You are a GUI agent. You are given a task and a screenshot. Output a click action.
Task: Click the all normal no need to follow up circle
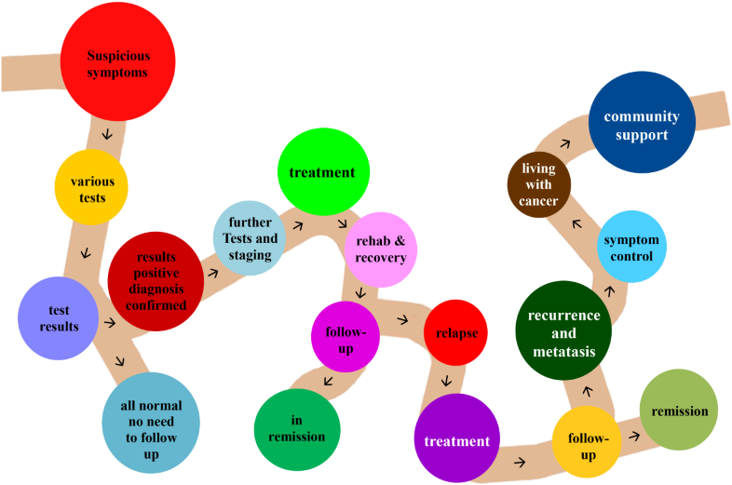pos(151,424)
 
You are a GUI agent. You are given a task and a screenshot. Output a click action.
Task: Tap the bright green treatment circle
pos(323,172)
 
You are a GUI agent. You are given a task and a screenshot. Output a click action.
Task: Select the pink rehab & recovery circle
pos(381,248)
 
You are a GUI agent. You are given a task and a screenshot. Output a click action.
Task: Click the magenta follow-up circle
pos(346,336)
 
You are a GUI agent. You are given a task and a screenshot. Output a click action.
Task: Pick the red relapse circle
pos(456,332)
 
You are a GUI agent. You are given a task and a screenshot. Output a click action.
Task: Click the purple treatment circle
pos(456,438)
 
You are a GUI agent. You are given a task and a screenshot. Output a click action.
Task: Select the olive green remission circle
pos(679,411)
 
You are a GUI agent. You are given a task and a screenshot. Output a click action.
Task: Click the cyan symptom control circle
pos(630,247)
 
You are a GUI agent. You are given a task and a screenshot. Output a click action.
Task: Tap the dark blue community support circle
pos(642,123)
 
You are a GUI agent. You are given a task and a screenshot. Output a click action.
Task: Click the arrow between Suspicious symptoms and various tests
pos(107,135)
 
